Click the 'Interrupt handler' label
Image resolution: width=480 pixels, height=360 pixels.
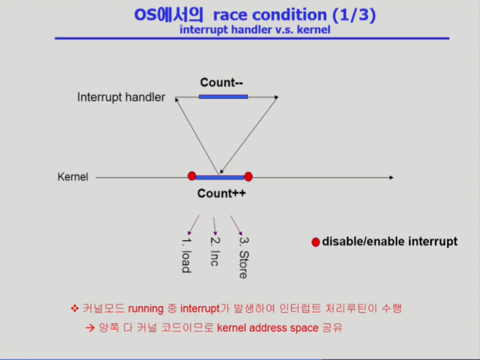(121, 98)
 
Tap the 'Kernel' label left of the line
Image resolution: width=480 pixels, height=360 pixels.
(72, 177)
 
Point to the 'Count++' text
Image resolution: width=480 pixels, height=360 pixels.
(222, 194)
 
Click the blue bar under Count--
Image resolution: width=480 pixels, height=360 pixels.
(223, 97)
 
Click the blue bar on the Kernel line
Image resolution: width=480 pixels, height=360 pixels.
(220, 177)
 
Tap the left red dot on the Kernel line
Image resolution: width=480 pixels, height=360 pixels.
(192, 175)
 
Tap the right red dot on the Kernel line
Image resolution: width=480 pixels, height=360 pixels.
(248, 176)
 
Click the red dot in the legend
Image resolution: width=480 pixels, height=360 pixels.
(316, 243)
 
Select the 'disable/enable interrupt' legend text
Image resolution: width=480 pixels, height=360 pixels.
(389, 242)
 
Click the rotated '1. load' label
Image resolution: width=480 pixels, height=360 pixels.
(186, 254)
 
